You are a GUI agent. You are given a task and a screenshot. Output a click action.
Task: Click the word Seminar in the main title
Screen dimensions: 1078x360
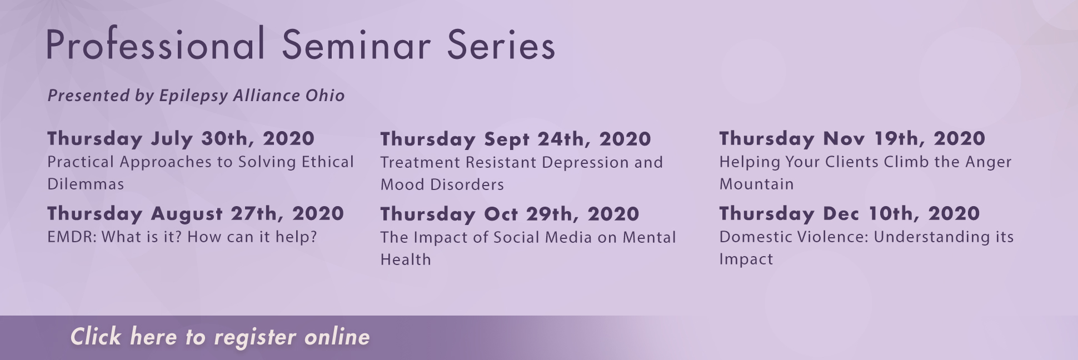pyautogui.click(x=356, y=44)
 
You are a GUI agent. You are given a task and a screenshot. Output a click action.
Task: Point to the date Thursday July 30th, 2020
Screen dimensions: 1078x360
pyautogui.click(x=181, y=138)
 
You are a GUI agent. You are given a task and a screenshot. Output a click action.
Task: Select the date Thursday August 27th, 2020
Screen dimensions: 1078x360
pyautogui.click(x=196, y=213)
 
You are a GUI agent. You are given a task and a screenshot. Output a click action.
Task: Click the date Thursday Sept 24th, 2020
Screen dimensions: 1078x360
pyautogui.click(x=516, y=139)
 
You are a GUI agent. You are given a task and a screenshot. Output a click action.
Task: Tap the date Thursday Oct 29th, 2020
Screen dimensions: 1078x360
pyautogui.click(x=510, y=214)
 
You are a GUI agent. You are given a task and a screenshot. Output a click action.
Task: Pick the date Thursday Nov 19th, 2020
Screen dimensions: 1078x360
pyautogui.click(x=852, y=138)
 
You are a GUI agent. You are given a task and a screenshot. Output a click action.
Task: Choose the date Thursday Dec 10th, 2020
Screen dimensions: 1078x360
pyautogui.click(x=850, y=213)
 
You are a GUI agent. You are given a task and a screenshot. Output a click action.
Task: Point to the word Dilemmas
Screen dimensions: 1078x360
pyautogui.click(x=86, y=184)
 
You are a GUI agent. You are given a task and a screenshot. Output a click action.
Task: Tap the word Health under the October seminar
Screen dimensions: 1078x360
pyautogui.click(x=406, y=259)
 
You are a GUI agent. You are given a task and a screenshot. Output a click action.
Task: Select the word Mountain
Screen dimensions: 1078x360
pyautogui.click(x=757, y=184)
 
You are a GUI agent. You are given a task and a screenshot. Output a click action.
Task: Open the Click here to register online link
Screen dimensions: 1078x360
pyautogui.click(x=220, y=337)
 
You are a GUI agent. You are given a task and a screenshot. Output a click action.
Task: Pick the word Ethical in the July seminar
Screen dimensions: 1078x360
pyautogui.click(x=328, y=162)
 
